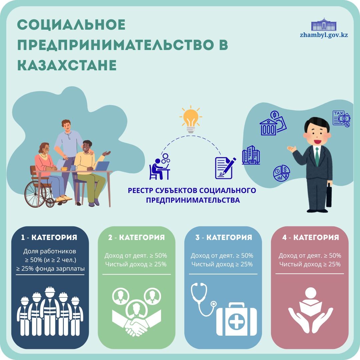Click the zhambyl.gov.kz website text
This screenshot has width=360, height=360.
click(x=324, y=35)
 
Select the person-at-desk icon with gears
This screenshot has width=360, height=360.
click(x=160, y=166)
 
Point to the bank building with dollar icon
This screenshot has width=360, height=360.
click(x=273, y=124)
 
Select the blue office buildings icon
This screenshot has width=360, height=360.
click(x=251, y=155)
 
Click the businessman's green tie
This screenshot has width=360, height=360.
click(x=317, y=156)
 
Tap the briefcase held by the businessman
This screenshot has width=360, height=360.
click(x=329, y=195)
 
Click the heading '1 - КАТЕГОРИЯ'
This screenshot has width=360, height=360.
click(x=49, y=237)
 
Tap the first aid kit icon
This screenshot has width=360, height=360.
click(x=237, y=320)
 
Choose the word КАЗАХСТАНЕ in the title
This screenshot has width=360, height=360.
click(x=67, y=65)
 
